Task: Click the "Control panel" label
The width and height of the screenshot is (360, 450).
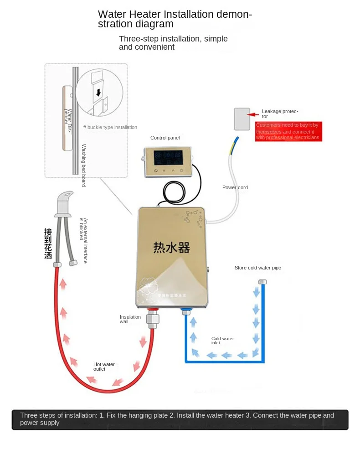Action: (x=165, y=138)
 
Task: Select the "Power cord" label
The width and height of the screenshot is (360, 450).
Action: (x=235, y=187)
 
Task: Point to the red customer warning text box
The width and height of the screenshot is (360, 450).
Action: (x=288, y=131)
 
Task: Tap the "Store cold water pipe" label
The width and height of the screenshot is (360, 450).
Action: (x=257, y=268)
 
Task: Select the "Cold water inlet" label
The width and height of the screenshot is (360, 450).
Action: (x=222, y=341)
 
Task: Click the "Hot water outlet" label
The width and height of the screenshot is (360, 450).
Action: (x=104, y=367)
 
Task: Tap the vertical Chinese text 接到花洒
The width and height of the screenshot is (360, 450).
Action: (x=48, y=244)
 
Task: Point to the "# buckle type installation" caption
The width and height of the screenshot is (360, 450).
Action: (x=110, y=128)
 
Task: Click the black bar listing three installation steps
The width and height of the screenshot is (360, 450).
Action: (x=180, y=419)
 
